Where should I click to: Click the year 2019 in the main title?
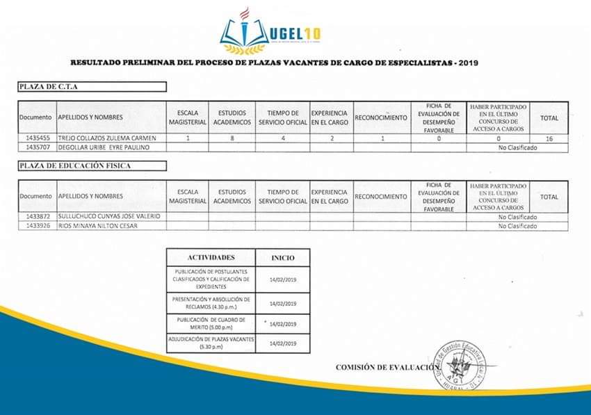coord(468,63)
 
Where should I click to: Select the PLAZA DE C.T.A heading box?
coord(92,87)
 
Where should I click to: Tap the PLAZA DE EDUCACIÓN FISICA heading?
coord(92,165)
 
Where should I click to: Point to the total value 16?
coord(549,139)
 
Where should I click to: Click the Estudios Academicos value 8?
coord(232,139)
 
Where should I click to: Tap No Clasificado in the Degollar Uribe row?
coord(517,147)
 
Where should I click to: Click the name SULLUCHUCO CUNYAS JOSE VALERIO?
coord(109,217)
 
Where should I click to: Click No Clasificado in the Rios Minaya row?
coord(517,226)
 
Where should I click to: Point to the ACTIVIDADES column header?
coord(211,257)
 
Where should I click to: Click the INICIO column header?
coord(282,258)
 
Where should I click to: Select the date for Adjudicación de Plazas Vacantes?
coord(282,343)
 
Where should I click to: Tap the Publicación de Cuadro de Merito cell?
coord(211,323)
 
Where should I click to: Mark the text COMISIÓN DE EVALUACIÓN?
coord(386,367)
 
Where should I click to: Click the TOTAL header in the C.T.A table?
coord(549,118)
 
